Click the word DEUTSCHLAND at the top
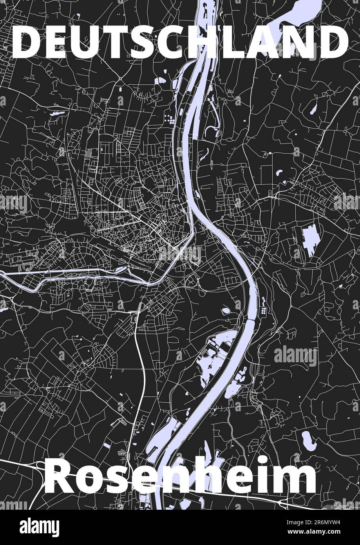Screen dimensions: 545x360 click(180, 42)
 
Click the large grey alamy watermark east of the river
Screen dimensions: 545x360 click(295, 356)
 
